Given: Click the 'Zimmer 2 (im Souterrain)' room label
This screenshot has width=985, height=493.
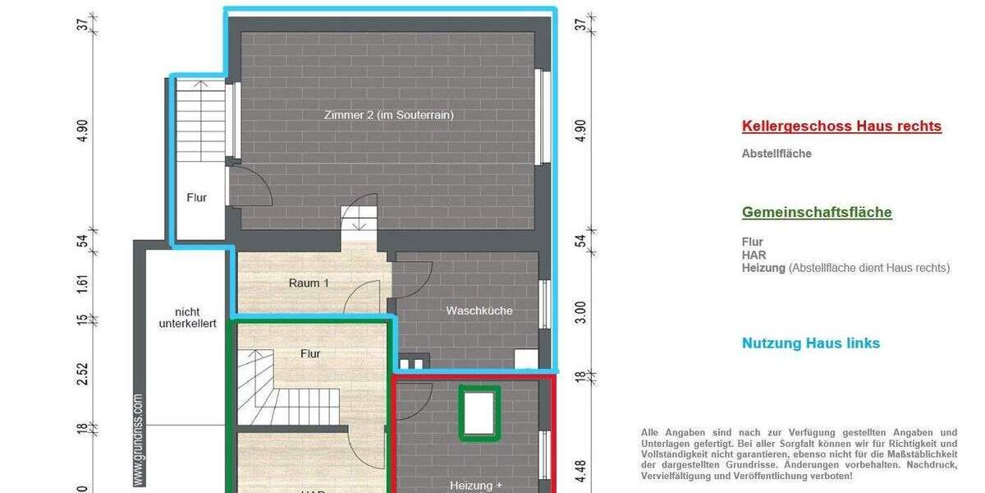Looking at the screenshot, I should pyautogui.click(x=388, y=115).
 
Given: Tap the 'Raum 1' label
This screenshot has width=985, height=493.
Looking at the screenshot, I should pyautogui.click(x=309, y=283).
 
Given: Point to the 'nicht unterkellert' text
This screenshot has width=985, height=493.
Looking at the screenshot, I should pyautogui.click(x=187, y=318).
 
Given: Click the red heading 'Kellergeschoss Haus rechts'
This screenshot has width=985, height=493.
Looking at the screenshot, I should pyautogui.click(x=841, y=127).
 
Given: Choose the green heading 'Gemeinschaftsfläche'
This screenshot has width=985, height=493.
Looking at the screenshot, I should pyautogui.click(x=817, y=212).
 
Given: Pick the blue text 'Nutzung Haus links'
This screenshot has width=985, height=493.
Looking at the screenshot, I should pyautogui.click(x=810, y=343).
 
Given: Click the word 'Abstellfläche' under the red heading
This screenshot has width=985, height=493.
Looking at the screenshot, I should pyautogui.click(x=777, y=154).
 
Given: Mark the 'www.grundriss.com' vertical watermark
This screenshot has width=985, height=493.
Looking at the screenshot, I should pyautogui.click(x=138, y=440).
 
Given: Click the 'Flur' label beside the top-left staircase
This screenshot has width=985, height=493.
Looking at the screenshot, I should pyautogui.click(x=196, y=198).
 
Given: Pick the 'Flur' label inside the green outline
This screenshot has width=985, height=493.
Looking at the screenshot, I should pyautogui.click(x=310, y=354).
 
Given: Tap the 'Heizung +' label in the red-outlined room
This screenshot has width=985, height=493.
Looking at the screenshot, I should pyautogui.click(x=476, y=486).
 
